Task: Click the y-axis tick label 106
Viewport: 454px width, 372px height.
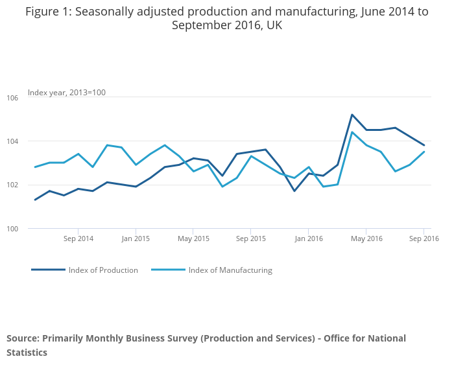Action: tap(12, 98)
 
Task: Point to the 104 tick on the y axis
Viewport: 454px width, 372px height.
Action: tap(12, 141)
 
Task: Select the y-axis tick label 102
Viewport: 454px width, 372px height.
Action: tap(12, 185)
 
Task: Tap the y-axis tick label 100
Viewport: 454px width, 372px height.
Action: tap(12, 229)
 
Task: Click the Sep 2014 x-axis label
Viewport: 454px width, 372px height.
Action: tap(78, 239)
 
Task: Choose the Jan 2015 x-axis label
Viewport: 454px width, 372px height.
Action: tap(136, 239)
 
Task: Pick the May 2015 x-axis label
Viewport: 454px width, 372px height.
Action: tap(193, 239)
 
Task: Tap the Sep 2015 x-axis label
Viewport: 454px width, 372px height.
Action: tap(251, 239)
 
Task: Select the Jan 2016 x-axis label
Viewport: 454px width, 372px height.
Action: tap(309, 239)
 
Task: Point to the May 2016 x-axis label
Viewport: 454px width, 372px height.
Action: tap(366, 239)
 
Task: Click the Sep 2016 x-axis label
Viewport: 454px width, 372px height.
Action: tap(424, 239)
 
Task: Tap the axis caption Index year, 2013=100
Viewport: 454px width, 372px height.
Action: tap(67, 93)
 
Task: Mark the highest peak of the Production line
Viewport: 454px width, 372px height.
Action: tap(352, 115)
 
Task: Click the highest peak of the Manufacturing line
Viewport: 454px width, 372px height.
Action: tap(352, 132)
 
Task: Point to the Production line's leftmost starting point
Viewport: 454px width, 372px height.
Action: tap(35, 200)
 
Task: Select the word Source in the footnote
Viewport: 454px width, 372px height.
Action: tap(23, 338)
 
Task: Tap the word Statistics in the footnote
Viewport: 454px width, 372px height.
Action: tap(27, 353)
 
